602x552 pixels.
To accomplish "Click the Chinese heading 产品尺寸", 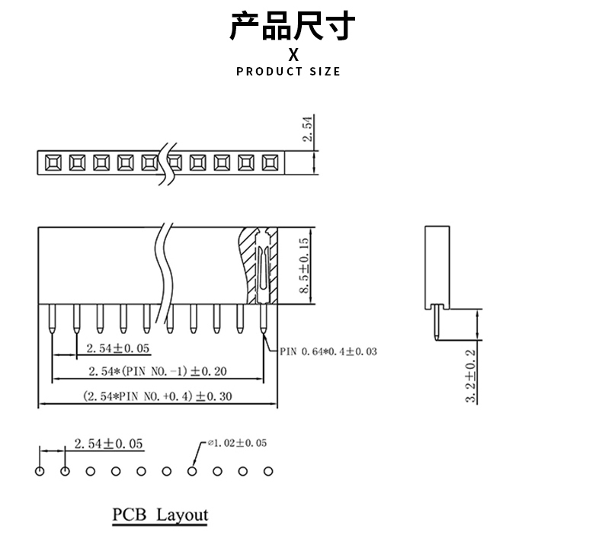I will [x=293, y=25].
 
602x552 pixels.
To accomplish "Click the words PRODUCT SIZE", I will [x=289, y=72].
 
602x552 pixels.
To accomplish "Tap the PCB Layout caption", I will [x=160, y=515].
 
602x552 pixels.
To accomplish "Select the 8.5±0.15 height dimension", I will [x=303, y=266].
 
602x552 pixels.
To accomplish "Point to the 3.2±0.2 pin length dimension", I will [x=470, y=375].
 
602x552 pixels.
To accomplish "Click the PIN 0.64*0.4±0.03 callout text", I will [x=328, y=352].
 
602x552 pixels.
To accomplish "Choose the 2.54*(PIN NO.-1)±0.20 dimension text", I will [x=157, y=372].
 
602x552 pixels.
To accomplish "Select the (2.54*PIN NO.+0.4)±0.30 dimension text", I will [x=157, y=396].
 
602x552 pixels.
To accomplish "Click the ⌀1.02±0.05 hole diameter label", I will [x=237, y=443].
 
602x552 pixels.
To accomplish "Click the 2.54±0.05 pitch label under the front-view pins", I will [x=118, y=348].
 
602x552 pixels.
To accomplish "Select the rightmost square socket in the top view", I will [x=270, y=162].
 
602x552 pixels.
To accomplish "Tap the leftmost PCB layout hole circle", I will [x=40, y=471].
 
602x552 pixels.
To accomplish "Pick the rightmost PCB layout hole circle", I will [x=267, y=471].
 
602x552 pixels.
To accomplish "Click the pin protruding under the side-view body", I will [x=436, y=322].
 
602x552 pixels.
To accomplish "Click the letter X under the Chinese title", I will [x=293, y=55].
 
